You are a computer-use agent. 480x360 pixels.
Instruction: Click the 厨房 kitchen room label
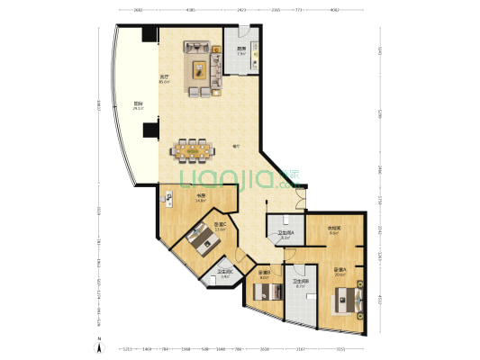(241, 50)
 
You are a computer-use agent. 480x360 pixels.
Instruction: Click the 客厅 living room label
(165, 78)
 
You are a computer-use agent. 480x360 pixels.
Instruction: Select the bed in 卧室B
(263, 294)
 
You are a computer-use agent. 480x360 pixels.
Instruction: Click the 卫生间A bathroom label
(285, 234)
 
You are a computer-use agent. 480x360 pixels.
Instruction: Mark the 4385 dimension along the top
(191, 10)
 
